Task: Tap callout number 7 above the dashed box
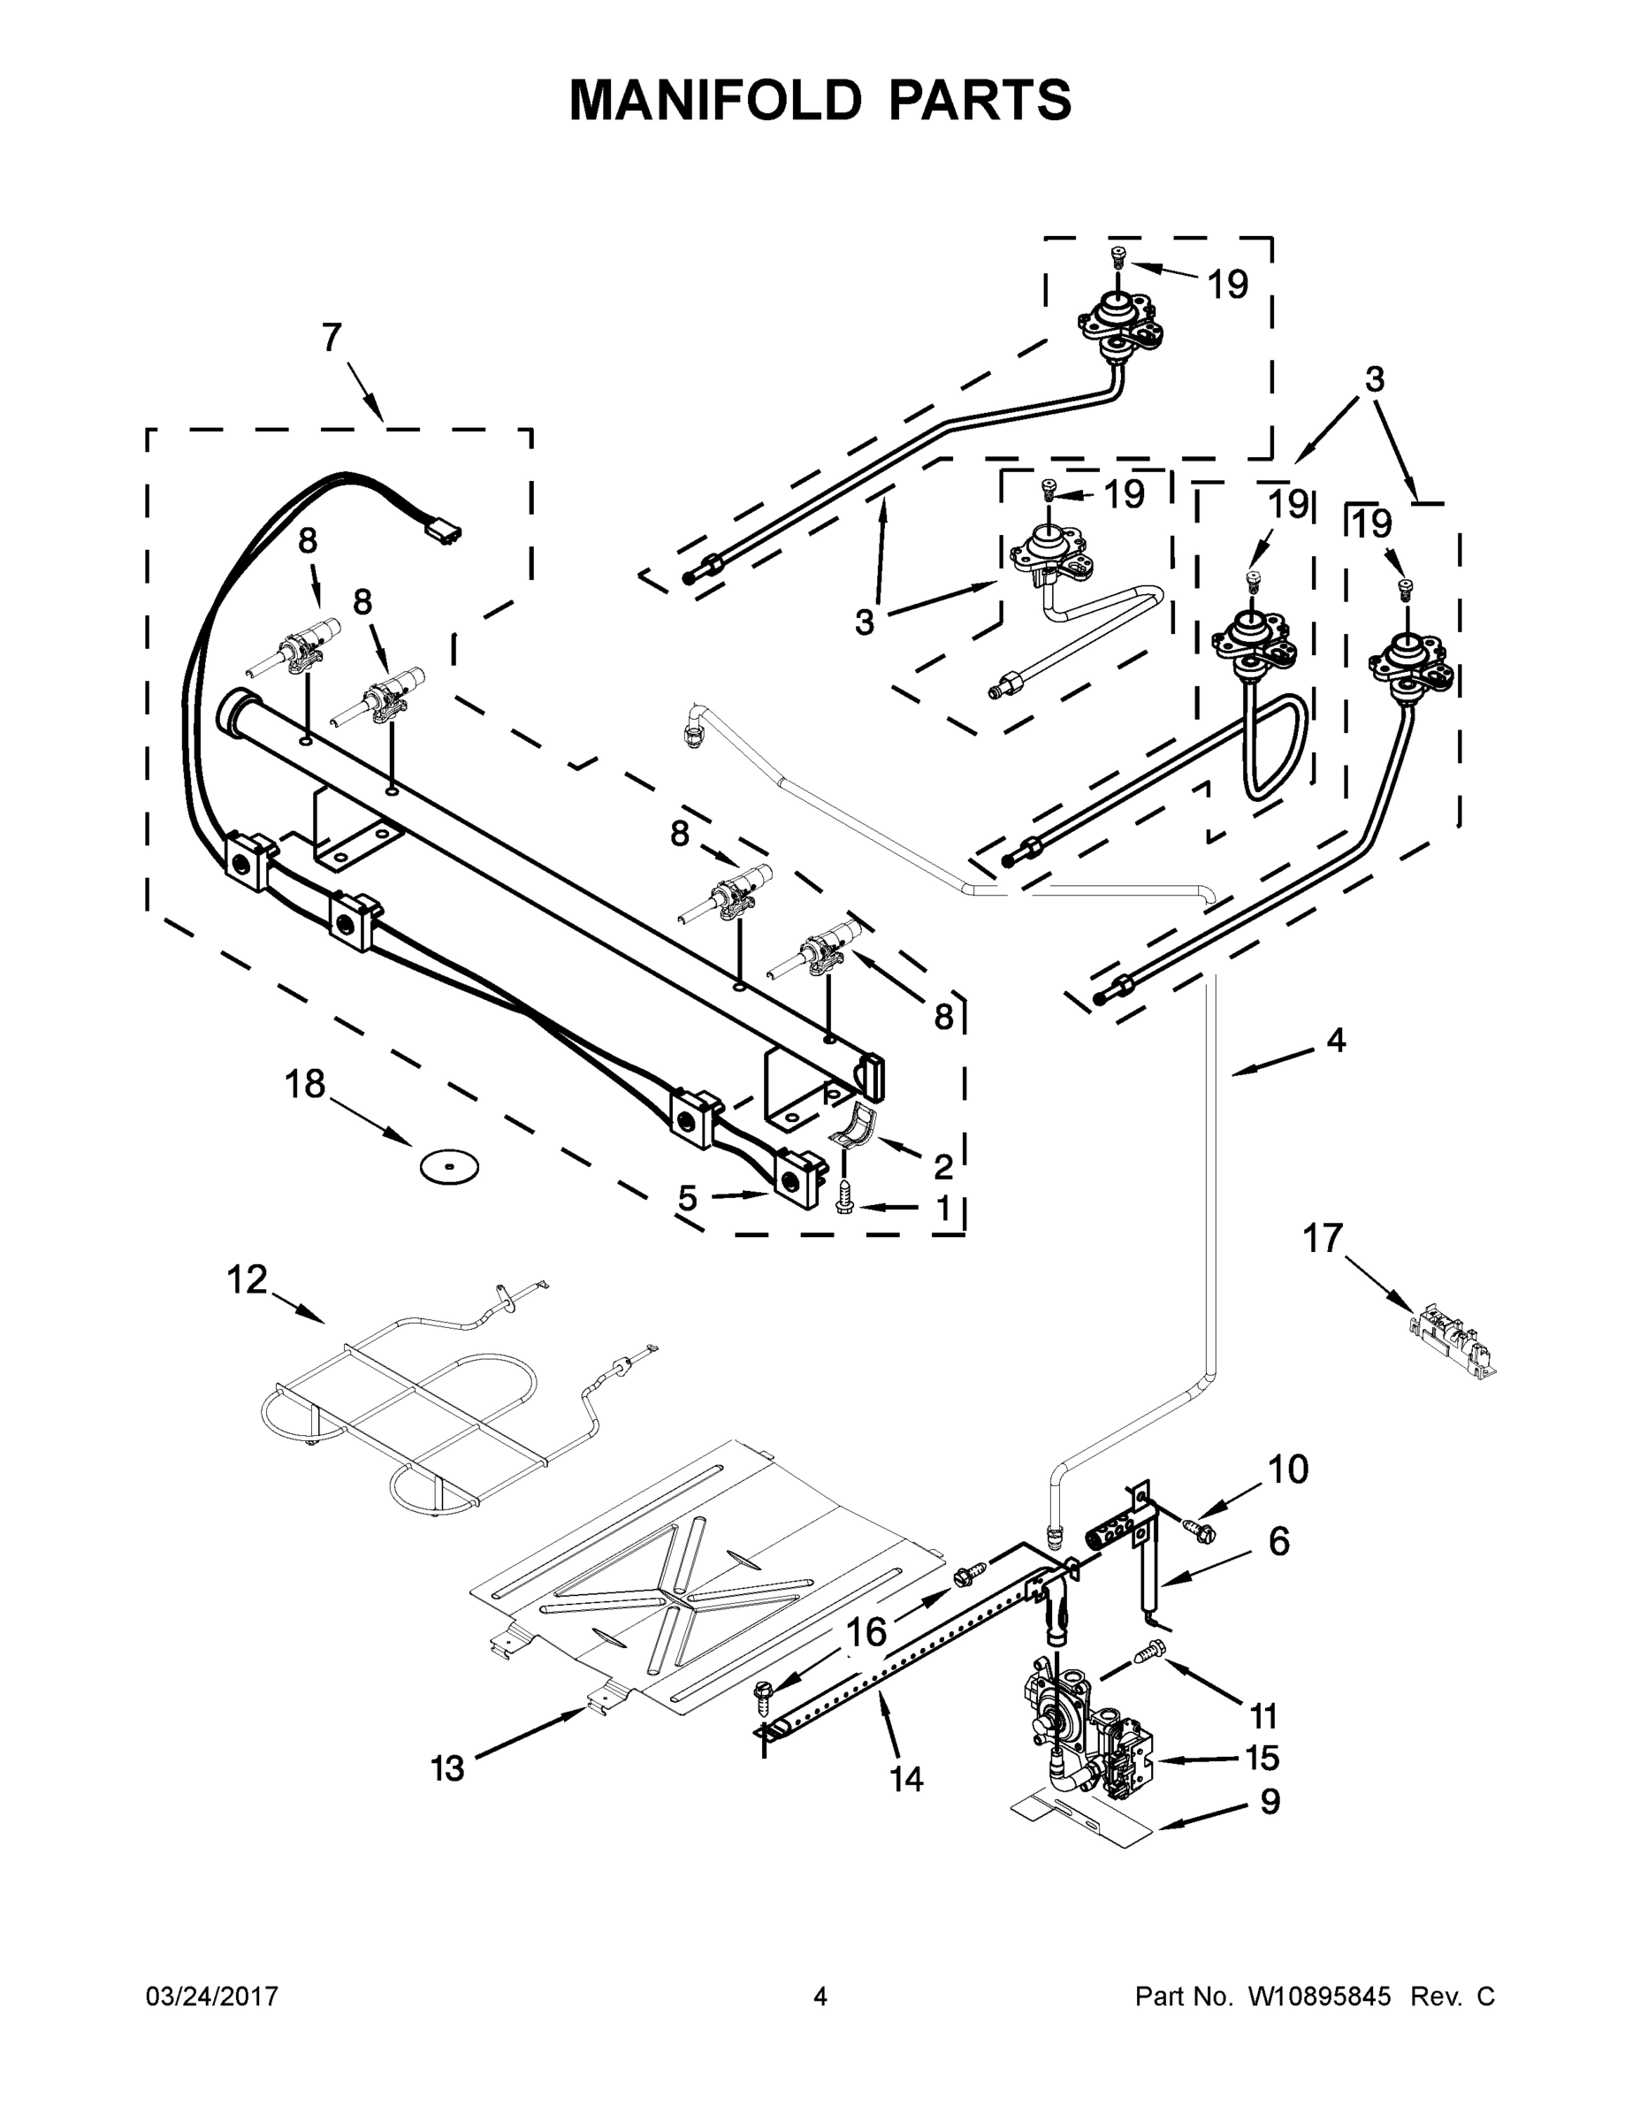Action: [332, 337]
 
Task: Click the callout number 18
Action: [304, 1084]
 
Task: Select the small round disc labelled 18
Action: [448, 1166]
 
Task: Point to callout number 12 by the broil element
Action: [247, 1279]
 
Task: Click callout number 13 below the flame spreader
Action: [448, 1768]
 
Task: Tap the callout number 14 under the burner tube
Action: [905, 1779]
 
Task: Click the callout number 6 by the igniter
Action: [1278, 1542]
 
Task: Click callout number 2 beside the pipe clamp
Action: [942, 1166]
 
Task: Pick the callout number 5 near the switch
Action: [687, 1198]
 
